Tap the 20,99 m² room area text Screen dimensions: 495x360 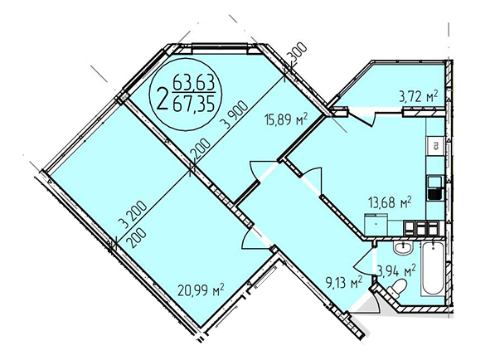tap(201, 290)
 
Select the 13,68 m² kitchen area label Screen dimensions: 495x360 tap(391, 202)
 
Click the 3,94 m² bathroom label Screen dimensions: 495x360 tap(396, 271)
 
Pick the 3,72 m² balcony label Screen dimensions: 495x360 tap(419, 97)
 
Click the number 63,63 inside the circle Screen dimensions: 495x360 tap(194, 84)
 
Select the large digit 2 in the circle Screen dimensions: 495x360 tap(163, 99)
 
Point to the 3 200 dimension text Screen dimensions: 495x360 tap(133, 214)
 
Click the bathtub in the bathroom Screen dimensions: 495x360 tap(433, 269)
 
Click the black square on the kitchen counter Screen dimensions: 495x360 tap(435, 194)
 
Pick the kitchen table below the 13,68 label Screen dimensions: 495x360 tap(376, 224)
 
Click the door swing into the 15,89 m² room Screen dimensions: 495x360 tap(256, 171)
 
